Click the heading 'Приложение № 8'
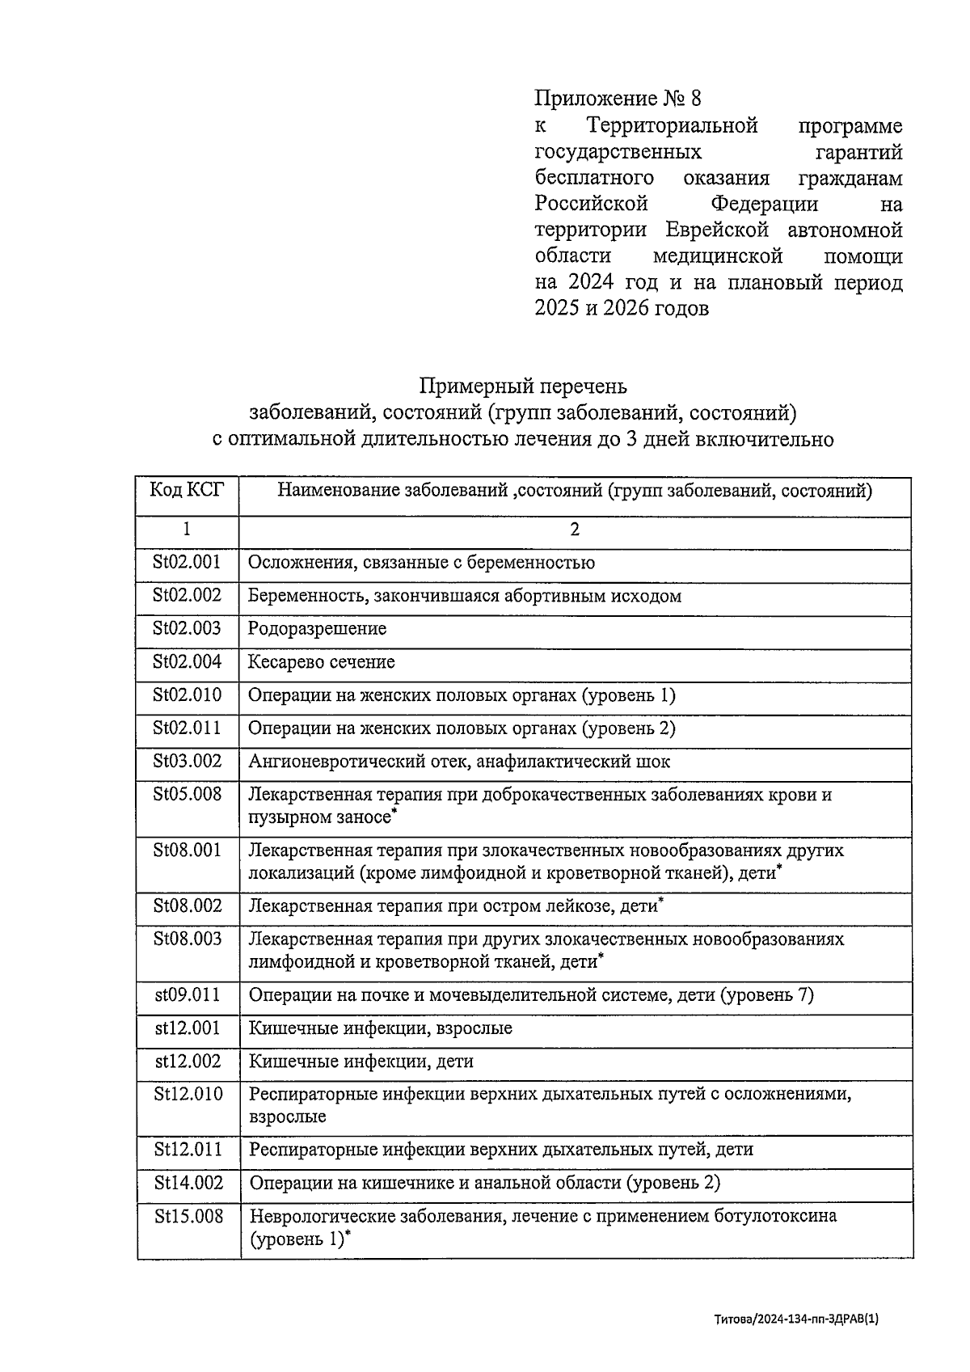coord(618,99)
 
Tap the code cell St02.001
coord(187,562)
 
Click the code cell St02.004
coord(187,661)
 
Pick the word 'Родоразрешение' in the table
coord(317,628)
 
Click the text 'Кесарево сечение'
coord(322,661)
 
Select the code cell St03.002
coord(187,761)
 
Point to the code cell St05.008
coord(187,794)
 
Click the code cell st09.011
coord(187,994)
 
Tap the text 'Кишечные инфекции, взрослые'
coord(380,1028)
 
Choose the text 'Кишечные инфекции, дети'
coord(361,1061)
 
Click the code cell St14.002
coord(188,1182)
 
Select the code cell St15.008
coord(188,1215)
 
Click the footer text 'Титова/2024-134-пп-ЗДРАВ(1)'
coord(795,1319)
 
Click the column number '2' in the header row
coord(575,530)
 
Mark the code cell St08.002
coord(187,906)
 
